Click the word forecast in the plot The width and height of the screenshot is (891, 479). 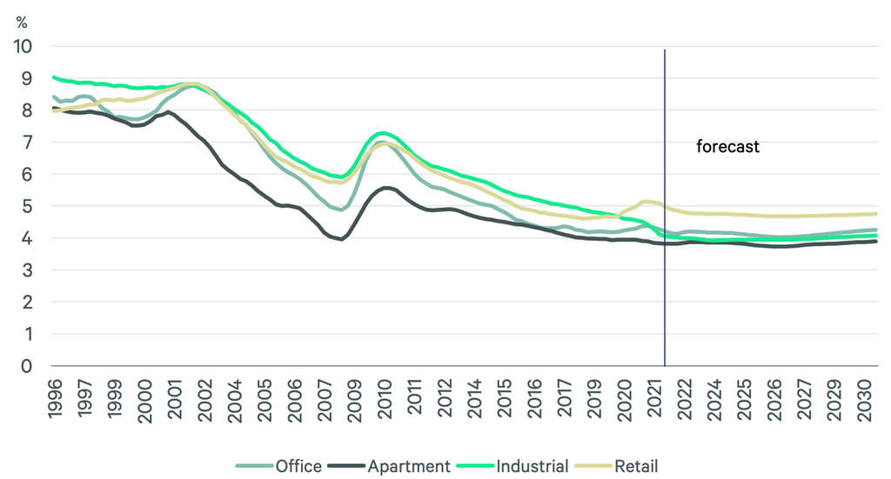click(727, 147)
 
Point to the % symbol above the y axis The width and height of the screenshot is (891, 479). click(22, 23)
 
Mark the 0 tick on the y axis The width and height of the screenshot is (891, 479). click(28, 366)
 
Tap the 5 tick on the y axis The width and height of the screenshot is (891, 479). click(28, 206)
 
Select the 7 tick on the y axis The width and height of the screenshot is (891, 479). click(28, 142)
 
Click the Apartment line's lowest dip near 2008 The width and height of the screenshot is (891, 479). click(341, 238)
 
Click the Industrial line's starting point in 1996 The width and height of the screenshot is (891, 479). click(53, 77)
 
